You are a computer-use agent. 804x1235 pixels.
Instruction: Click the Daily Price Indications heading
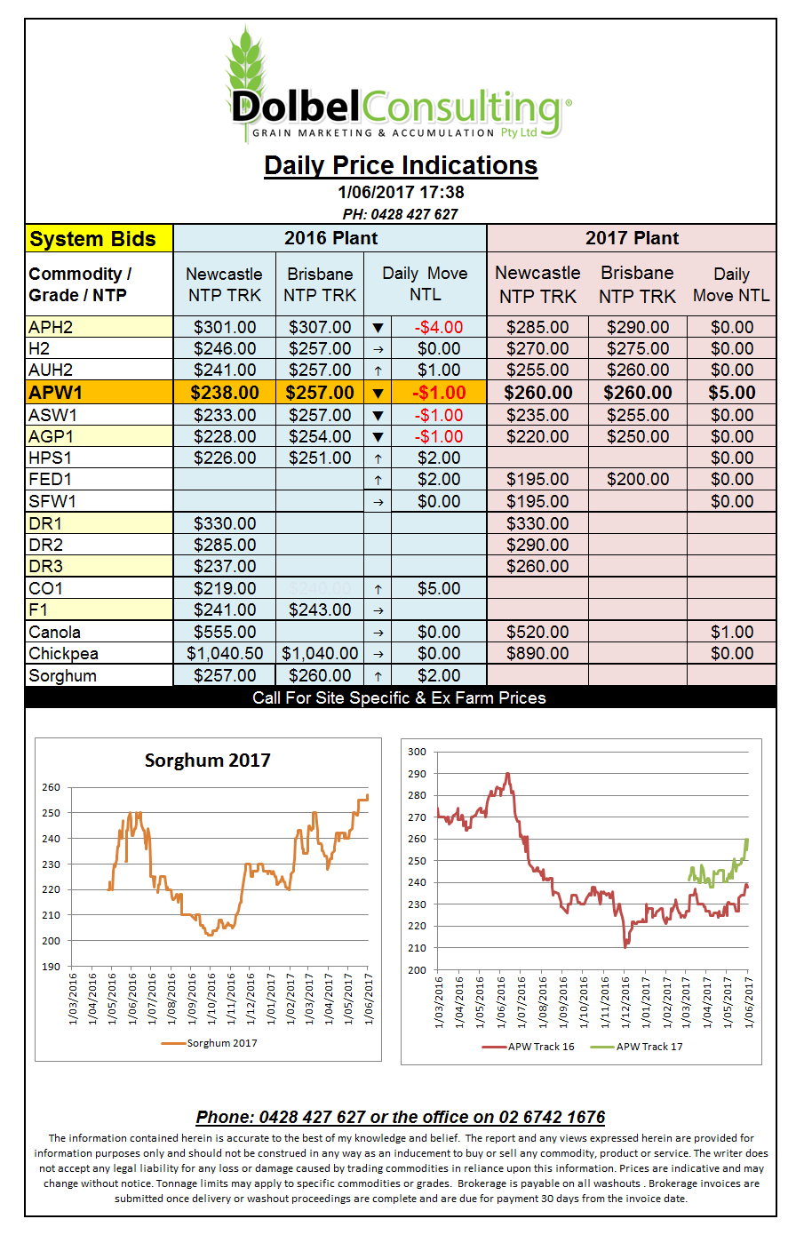click(401, 165)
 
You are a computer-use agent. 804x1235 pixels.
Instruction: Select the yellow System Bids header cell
click(100, 239)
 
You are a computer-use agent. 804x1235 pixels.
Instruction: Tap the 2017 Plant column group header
click(632, 238)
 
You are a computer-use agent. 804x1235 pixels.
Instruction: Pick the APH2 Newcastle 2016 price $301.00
click(225, 327)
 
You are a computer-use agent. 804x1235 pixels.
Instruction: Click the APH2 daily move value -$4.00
click(438, 327)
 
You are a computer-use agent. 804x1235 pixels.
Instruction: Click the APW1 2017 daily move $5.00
click(732, 393)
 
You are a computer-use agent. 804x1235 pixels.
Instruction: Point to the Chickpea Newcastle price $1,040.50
click(225, 653)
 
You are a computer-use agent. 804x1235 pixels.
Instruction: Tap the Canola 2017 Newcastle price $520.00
click(537, 632)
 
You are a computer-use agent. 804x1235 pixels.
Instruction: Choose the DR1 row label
click(45, 523)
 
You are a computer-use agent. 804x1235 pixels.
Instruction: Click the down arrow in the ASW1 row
click(378, 415)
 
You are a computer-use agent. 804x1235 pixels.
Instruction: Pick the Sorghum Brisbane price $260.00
click(320, 675)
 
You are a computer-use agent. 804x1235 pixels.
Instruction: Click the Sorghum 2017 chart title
click(207, 761)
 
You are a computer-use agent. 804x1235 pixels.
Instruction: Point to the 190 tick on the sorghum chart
click(51, 967)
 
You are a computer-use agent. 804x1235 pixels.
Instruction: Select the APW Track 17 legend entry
click(636, 1047)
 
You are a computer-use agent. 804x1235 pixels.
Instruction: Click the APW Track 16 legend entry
click(528, 1047)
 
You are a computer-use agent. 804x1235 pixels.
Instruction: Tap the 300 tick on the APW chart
click(417, 752)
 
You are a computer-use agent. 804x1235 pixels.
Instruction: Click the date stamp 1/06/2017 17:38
click(401, 193)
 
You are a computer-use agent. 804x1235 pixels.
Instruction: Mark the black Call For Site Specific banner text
click(399, 698)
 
